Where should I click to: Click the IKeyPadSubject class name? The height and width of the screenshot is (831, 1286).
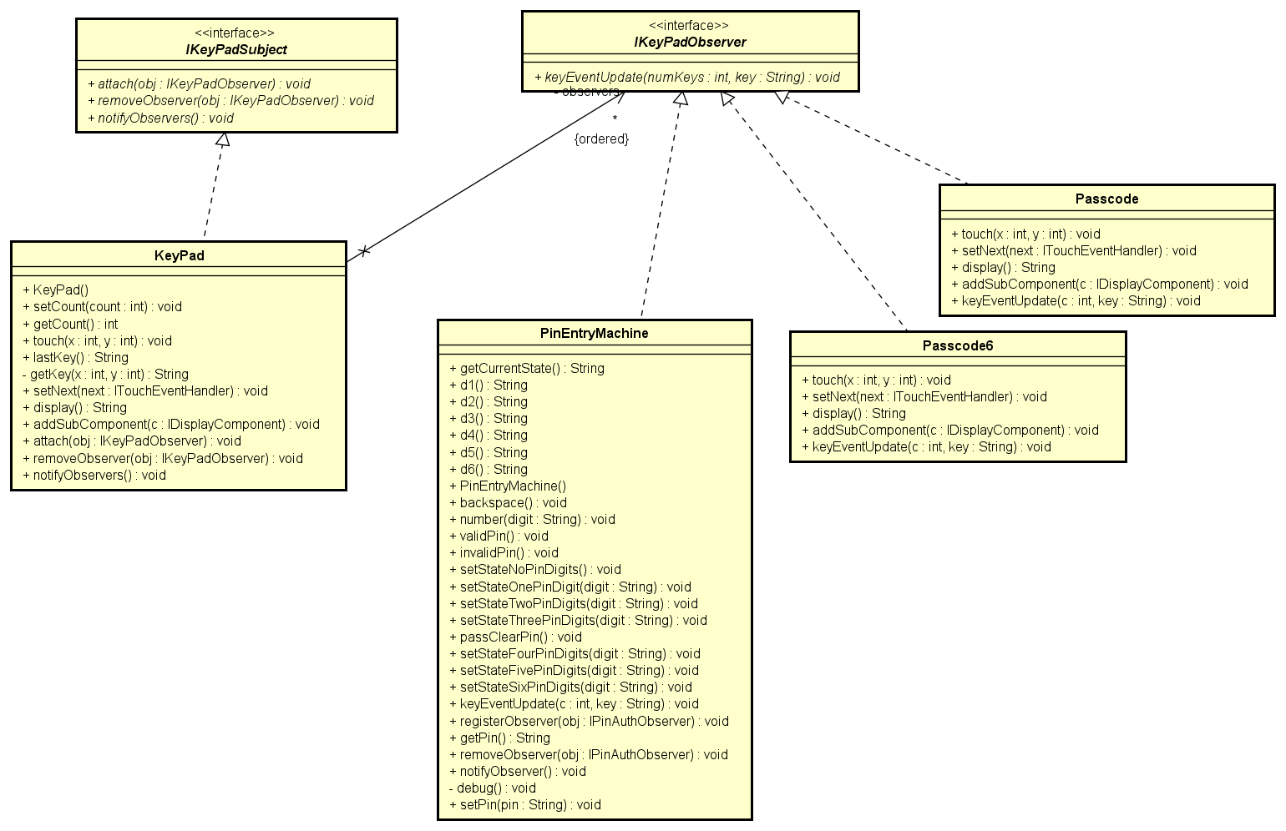pos(236,50)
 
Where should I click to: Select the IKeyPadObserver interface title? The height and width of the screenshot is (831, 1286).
pos(690,43)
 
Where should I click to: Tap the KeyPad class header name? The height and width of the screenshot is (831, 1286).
pos(179,256)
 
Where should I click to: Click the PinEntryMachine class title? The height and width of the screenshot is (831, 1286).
pos(594,334)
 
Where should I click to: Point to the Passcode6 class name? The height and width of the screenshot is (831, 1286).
pos(957,346)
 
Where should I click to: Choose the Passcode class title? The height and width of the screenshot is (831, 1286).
pos(1106,199)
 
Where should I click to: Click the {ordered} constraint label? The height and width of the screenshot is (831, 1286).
pos(601,139)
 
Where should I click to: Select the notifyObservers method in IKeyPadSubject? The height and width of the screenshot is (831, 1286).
pos(160,118)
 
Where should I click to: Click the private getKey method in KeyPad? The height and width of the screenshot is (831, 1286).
pos(105,375)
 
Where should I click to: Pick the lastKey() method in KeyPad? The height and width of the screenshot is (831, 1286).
pos(75,358)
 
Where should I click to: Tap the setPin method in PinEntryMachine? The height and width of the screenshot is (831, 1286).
pos(524,805)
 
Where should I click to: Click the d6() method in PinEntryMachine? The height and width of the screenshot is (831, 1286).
pos(489,470)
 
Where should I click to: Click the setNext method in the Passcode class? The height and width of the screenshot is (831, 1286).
pos(1073,251)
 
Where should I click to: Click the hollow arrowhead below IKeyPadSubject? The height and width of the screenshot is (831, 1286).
pos(222,140)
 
